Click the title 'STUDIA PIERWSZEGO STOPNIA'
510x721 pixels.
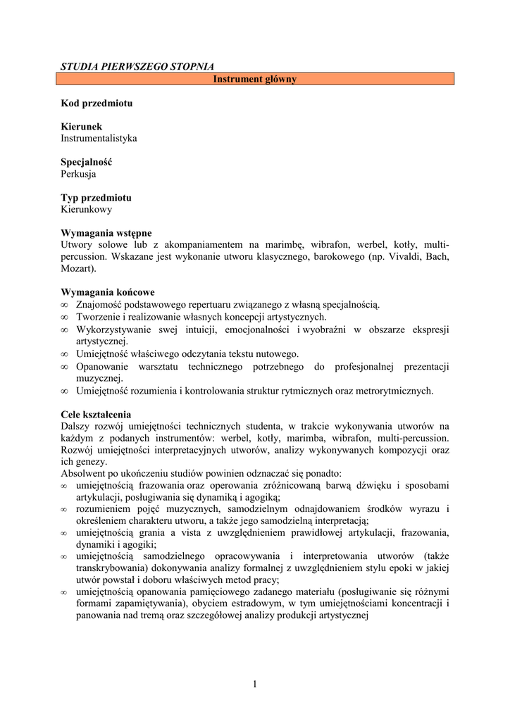pos(137,66)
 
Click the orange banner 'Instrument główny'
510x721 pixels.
pos(255,79)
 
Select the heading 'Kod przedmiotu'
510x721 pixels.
pos(97,103)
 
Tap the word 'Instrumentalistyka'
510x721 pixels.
pos(99,138)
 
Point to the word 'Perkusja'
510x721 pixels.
pos(78,174)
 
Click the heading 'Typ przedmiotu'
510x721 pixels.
pos(96,198)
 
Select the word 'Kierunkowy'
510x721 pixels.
pos(86,209)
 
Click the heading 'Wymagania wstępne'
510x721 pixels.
pos(106,233)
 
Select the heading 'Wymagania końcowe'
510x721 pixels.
pos(108,292)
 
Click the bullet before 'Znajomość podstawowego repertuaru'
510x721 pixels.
pos(64,305)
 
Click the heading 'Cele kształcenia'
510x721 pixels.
pos(96,415)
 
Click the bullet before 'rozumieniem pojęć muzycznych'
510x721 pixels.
pos(64,509)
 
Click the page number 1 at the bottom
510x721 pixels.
pos(255,684)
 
